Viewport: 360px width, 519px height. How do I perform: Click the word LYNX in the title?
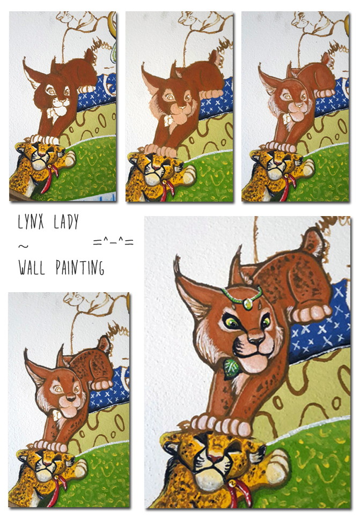pos(31,222)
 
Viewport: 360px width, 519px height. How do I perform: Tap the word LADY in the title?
pos(67,222)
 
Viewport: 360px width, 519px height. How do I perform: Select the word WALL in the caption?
pos(32,268)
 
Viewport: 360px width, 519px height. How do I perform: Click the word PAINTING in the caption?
pos(80,268)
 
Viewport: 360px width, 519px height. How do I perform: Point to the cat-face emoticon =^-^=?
pos(113,242)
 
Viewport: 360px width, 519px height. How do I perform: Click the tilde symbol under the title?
pos(23,246)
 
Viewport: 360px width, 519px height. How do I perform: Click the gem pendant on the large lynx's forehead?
pos(248,303)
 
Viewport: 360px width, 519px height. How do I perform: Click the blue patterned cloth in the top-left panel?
pos(97,92)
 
